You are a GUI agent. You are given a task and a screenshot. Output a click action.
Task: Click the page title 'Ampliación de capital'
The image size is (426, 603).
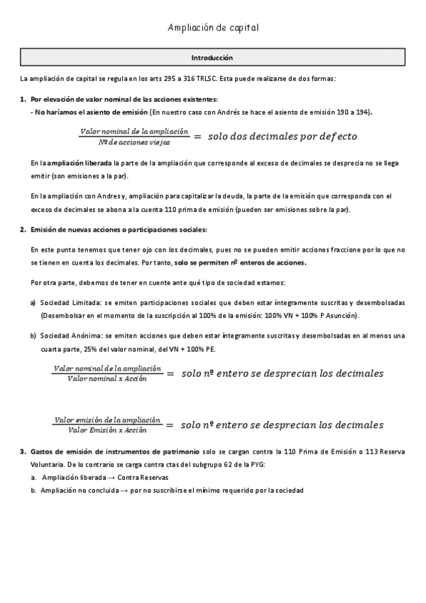tap(213, 28)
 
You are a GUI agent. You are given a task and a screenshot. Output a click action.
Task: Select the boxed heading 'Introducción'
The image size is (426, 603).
tap(212, 57)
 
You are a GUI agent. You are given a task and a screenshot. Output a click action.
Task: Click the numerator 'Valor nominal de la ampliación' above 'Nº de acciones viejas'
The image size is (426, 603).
tap(135, 131)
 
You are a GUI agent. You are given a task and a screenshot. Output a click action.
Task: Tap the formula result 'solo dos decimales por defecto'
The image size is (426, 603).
tap(283, 136)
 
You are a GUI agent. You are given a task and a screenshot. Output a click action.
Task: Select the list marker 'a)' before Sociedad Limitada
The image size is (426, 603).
tap(33, 302)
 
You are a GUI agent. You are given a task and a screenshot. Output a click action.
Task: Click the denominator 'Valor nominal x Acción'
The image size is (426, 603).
tap(107, 379)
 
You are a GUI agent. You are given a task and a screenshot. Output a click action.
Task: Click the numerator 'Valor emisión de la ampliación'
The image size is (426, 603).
tap(107, 420)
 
